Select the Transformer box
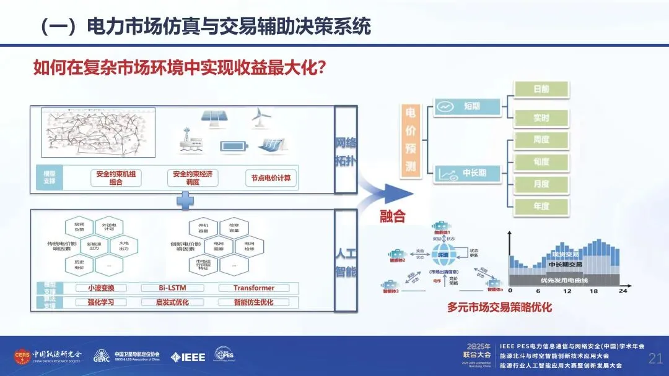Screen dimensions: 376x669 254,288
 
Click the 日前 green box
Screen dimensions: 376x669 541,89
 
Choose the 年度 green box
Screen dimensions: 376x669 541,206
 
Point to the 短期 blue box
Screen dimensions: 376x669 467,106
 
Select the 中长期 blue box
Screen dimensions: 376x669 467,173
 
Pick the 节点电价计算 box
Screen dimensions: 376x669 271,178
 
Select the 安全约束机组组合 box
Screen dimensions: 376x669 115,178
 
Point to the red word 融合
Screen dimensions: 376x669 393,216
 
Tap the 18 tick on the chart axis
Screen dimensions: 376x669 593,291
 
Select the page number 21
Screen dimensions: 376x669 655,358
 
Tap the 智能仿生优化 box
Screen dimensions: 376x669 254,302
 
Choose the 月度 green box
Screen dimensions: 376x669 541,184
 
